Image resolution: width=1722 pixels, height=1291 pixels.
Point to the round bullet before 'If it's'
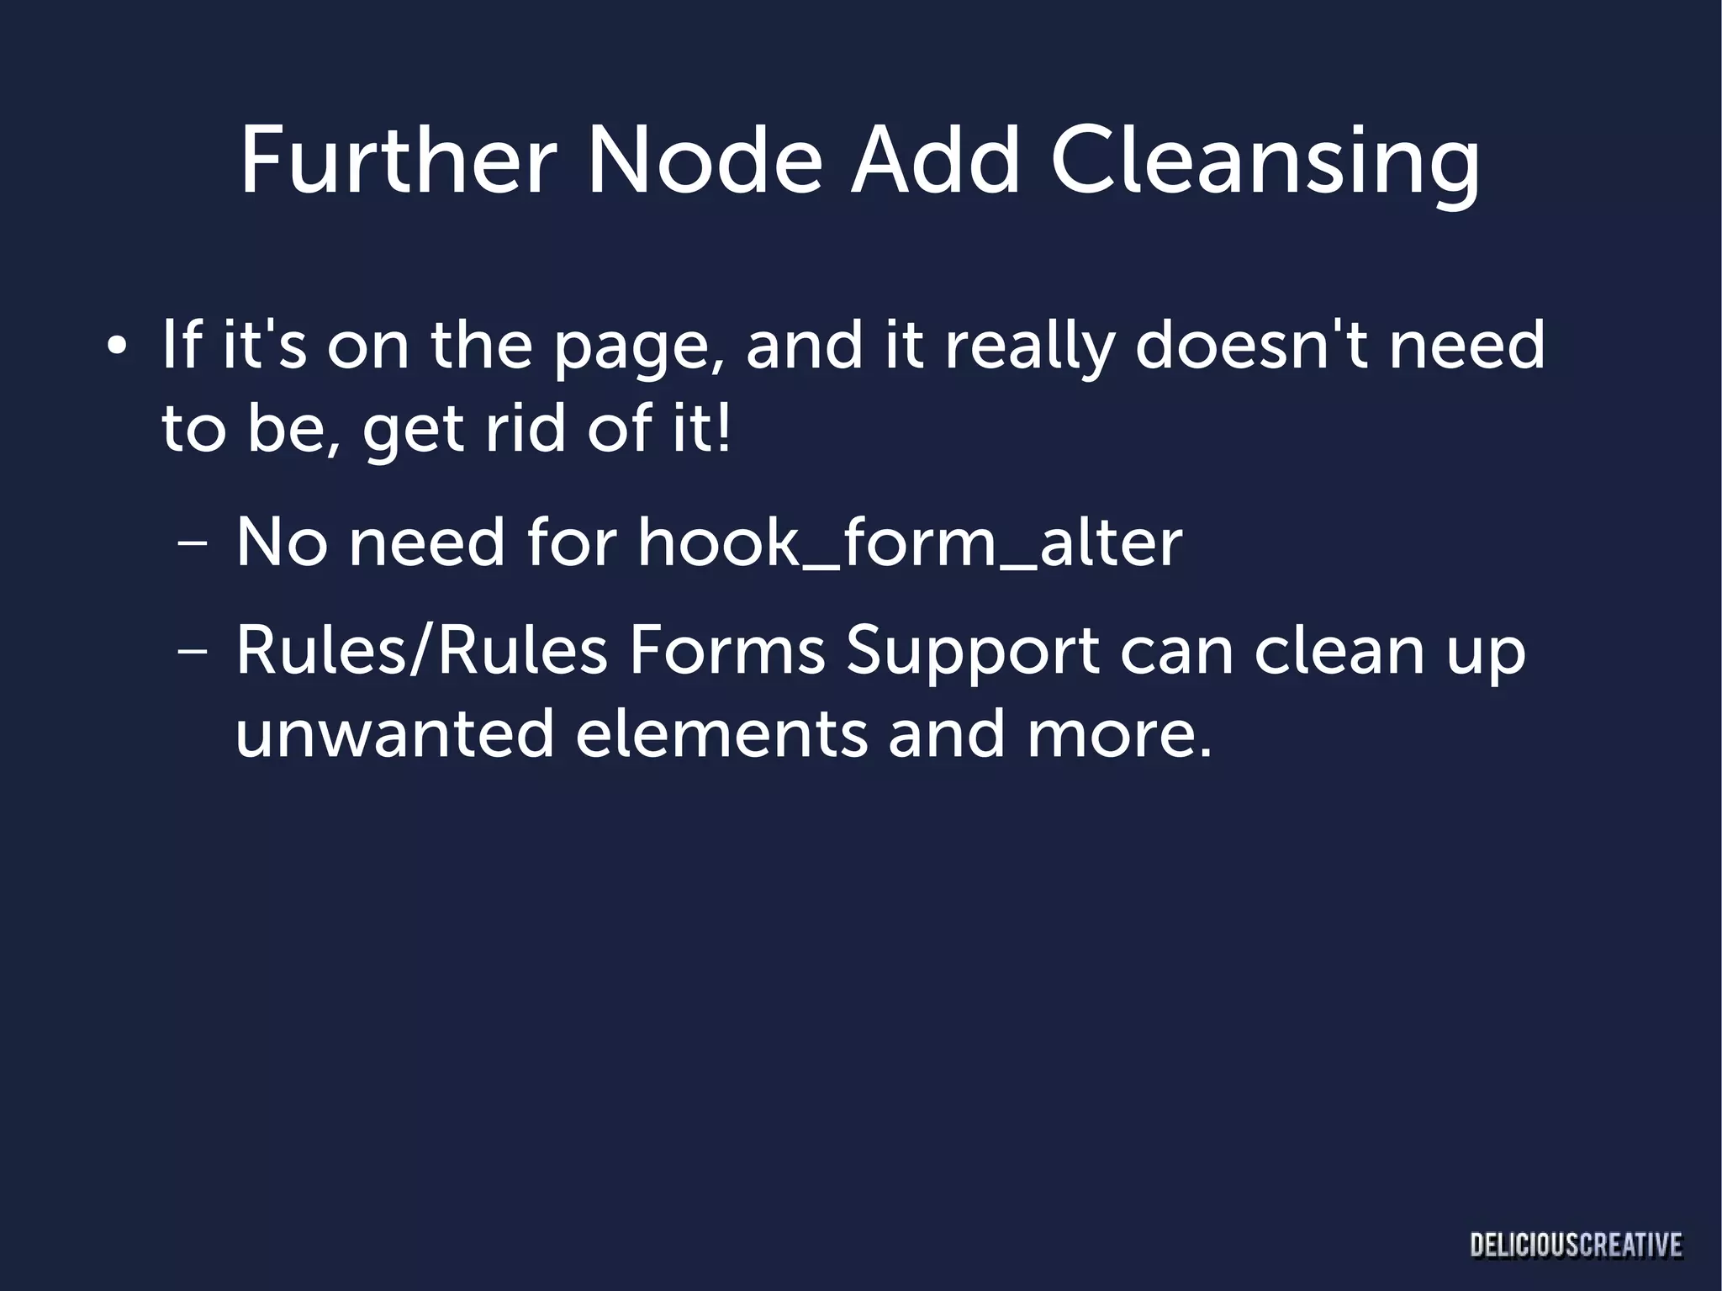[117, 347]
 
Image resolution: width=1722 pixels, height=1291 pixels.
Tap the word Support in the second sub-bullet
[973, 653]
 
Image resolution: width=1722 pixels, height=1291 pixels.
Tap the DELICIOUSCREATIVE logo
[1576, 1245]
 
